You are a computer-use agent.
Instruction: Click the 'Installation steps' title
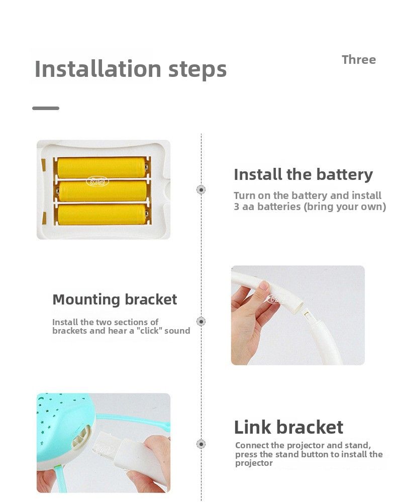point(130,69)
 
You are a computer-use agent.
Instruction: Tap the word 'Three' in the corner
point(359,60)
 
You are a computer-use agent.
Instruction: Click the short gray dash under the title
point(46,108)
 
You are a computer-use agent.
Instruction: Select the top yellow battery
point(102,167)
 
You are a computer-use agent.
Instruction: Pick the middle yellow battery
point(103,191)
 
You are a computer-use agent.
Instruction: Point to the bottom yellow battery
point(103,214)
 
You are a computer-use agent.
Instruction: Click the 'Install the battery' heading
point(304,175)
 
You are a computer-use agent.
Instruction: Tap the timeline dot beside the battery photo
point(201,189)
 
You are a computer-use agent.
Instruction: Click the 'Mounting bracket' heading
point(115,299)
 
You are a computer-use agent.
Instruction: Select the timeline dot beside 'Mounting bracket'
point(201,321)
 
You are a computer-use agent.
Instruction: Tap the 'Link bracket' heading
point(289,427)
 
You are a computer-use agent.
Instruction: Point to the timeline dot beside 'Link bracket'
point(201,444)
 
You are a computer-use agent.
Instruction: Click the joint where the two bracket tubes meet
point(304,310)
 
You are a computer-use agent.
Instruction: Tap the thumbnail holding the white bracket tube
point(297,316)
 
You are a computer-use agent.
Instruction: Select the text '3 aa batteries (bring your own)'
point(310,207)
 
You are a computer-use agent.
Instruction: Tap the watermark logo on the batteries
point(97,182)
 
